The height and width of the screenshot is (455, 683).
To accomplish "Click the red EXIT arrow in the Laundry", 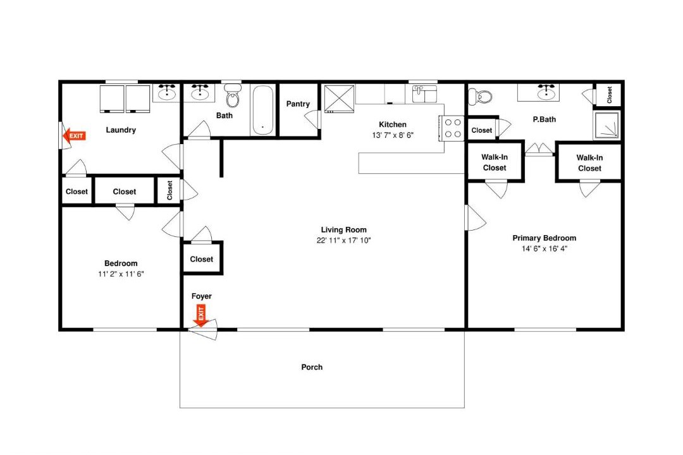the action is pos(74,136).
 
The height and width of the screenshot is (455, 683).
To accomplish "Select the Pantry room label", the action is pos(298,104).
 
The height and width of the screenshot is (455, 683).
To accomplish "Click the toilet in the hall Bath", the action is pos(233,97).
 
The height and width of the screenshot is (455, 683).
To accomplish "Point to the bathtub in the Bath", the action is pos(263,110).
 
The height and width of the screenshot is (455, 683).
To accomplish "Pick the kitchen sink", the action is pos(424,94).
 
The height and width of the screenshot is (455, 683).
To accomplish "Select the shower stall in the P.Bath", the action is pos(606,125).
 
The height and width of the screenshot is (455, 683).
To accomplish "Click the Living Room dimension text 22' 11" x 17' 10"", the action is pos(343,240).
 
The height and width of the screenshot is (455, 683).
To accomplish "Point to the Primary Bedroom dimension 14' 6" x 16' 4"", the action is pos(545,248).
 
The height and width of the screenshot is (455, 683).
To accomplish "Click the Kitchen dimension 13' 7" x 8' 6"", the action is pos(393,135).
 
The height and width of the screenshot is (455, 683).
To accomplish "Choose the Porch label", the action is pos(312,367).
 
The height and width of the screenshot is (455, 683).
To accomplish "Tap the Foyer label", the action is pos(202,296).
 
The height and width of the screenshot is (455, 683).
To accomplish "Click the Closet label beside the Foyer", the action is pos(202,259).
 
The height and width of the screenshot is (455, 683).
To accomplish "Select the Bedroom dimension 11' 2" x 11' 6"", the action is pos(121,274).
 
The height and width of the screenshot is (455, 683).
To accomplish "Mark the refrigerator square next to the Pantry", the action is pos(339,99).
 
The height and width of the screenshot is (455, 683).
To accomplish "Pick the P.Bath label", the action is pos(545,119).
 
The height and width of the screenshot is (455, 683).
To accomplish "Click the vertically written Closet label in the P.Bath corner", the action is pos(610,95).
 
